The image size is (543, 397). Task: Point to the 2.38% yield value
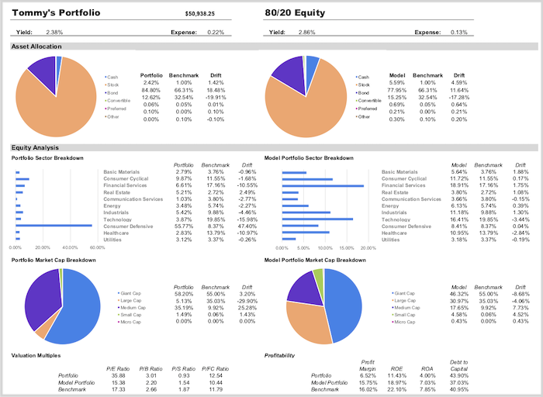54,33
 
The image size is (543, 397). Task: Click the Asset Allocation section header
36,47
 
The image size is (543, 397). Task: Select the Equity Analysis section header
35,147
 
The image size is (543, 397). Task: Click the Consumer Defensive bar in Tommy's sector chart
54,226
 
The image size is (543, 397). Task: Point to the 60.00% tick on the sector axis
97,247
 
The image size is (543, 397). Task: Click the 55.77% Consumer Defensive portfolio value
184,226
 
